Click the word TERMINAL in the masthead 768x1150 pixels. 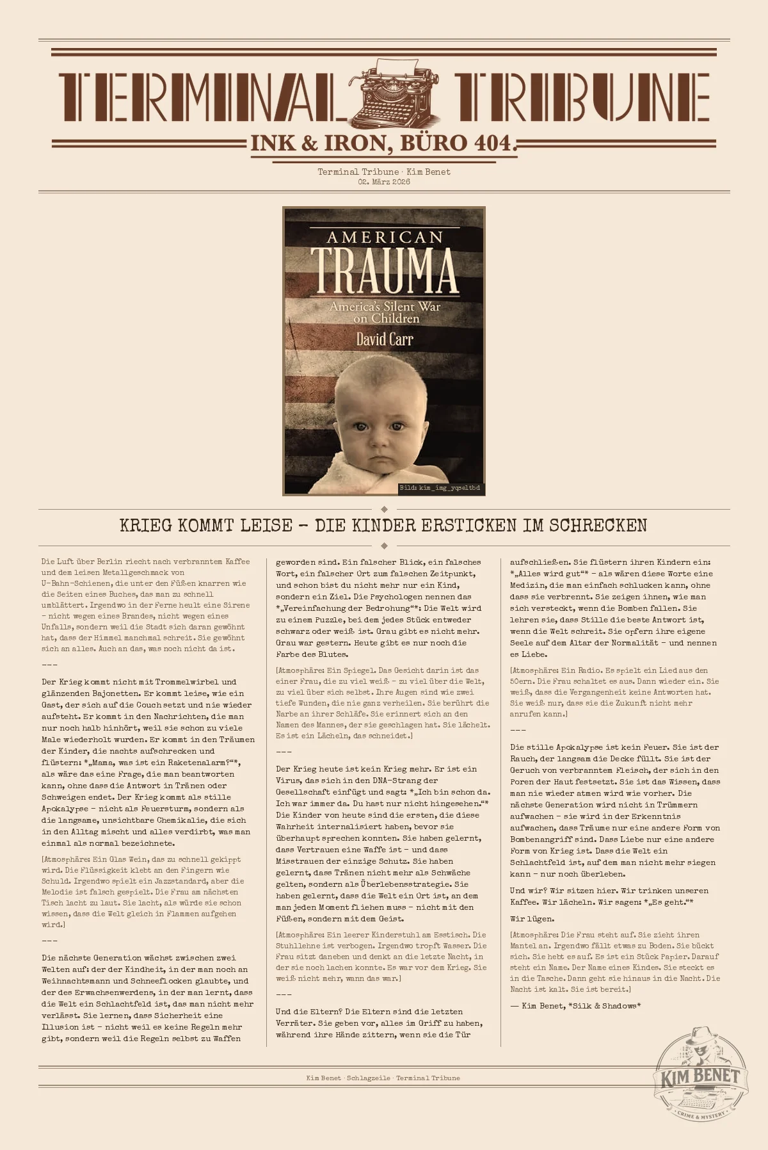198,97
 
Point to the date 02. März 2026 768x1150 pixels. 384,182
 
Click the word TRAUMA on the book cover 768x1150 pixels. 384,270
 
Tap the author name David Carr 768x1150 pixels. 384,339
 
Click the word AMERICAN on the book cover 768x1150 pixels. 384,238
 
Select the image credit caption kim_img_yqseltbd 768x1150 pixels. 440,488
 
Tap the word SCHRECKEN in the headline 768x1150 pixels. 598,526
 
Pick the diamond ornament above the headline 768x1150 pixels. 384,509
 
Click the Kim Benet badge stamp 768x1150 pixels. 700,1076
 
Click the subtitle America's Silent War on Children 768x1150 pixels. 385,312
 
